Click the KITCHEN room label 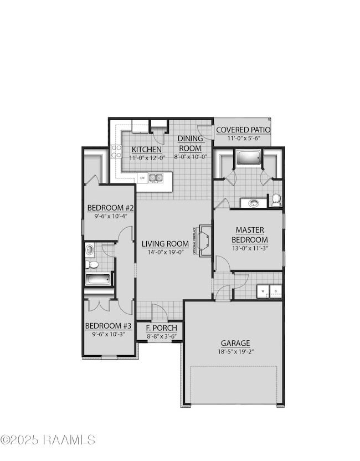[146, 149]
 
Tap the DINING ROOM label [190, 143]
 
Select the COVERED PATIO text [243, 130]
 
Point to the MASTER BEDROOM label [250, 234]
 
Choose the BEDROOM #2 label [111, 208]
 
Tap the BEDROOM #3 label [109, 326]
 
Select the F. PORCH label [161, 328]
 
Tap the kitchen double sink [156, 178]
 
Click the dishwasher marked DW [142, 178]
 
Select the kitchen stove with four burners [116, 151]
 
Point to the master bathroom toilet [276, 199]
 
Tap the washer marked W [261, 291]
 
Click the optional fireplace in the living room [203, 240]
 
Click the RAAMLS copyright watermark [49, 440]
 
